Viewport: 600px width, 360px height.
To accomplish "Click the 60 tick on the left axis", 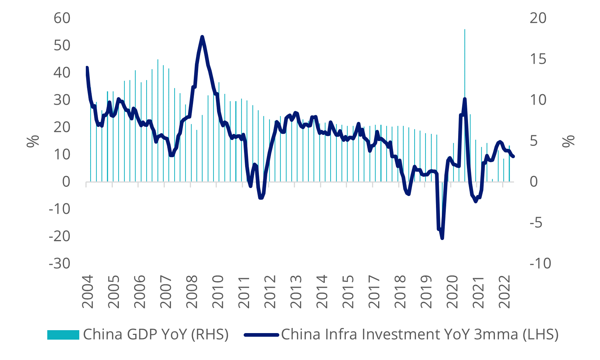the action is point(62,18).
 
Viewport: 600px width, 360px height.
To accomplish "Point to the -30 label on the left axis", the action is point(60,264).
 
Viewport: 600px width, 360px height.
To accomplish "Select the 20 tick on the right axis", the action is point(538,18).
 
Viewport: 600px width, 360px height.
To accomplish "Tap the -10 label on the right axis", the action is point(540,264).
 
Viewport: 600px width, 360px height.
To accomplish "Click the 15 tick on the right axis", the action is point(538,59).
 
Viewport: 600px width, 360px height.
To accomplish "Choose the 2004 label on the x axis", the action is point(88,291).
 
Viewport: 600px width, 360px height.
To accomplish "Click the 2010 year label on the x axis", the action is point(218,291).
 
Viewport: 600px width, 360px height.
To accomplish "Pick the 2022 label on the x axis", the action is point(505,291).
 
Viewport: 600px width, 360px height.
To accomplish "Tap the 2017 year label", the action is point(374,291).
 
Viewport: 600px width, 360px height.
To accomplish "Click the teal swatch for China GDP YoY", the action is point(63,335).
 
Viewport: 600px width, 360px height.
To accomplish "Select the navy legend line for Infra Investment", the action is point(261,335).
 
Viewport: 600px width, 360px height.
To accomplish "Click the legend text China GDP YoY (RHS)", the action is point(156,335).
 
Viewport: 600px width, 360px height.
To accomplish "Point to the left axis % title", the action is point(33,141).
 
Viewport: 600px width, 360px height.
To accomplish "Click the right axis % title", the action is point(568,141).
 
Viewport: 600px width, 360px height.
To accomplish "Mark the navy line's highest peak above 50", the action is point(202,36).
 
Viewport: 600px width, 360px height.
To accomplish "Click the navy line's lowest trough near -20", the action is point(442,238).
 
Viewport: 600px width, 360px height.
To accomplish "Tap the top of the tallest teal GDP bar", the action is point(465,29).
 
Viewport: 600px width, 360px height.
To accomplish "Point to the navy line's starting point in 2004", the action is point(87,67).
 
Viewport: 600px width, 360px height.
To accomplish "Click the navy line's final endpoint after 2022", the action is point(513,157).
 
